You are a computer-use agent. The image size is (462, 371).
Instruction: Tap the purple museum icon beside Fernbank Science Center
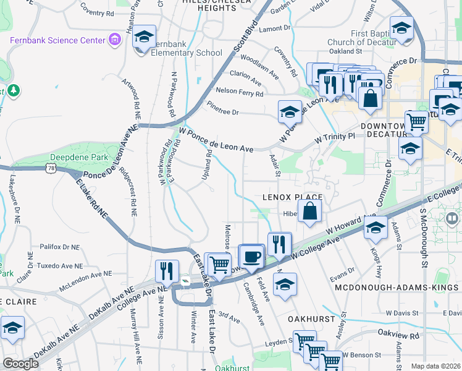coord(114,41)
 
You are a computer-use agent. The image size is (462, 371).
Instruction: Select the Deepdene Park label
coord(83,158)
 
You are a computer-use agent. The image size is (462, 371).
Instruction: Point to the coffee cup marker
coord(251,257)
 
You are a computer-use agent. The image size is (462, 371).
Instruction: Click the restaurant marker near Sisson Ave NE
coord(167,271)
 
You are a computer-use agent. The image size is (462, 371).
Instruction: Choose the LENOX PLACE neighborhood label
coord(293,197)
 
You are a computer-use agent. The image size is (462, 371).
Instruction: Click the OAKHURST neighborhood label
coord(311,319)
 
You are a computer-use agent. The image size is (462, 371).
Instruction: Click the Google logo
coord(20,364)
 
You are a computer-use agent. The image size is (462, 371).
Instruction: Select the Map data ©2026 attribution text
coord(436,366)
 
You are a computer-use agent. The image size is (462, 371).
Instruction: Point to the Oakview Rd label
coord(398,352)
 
